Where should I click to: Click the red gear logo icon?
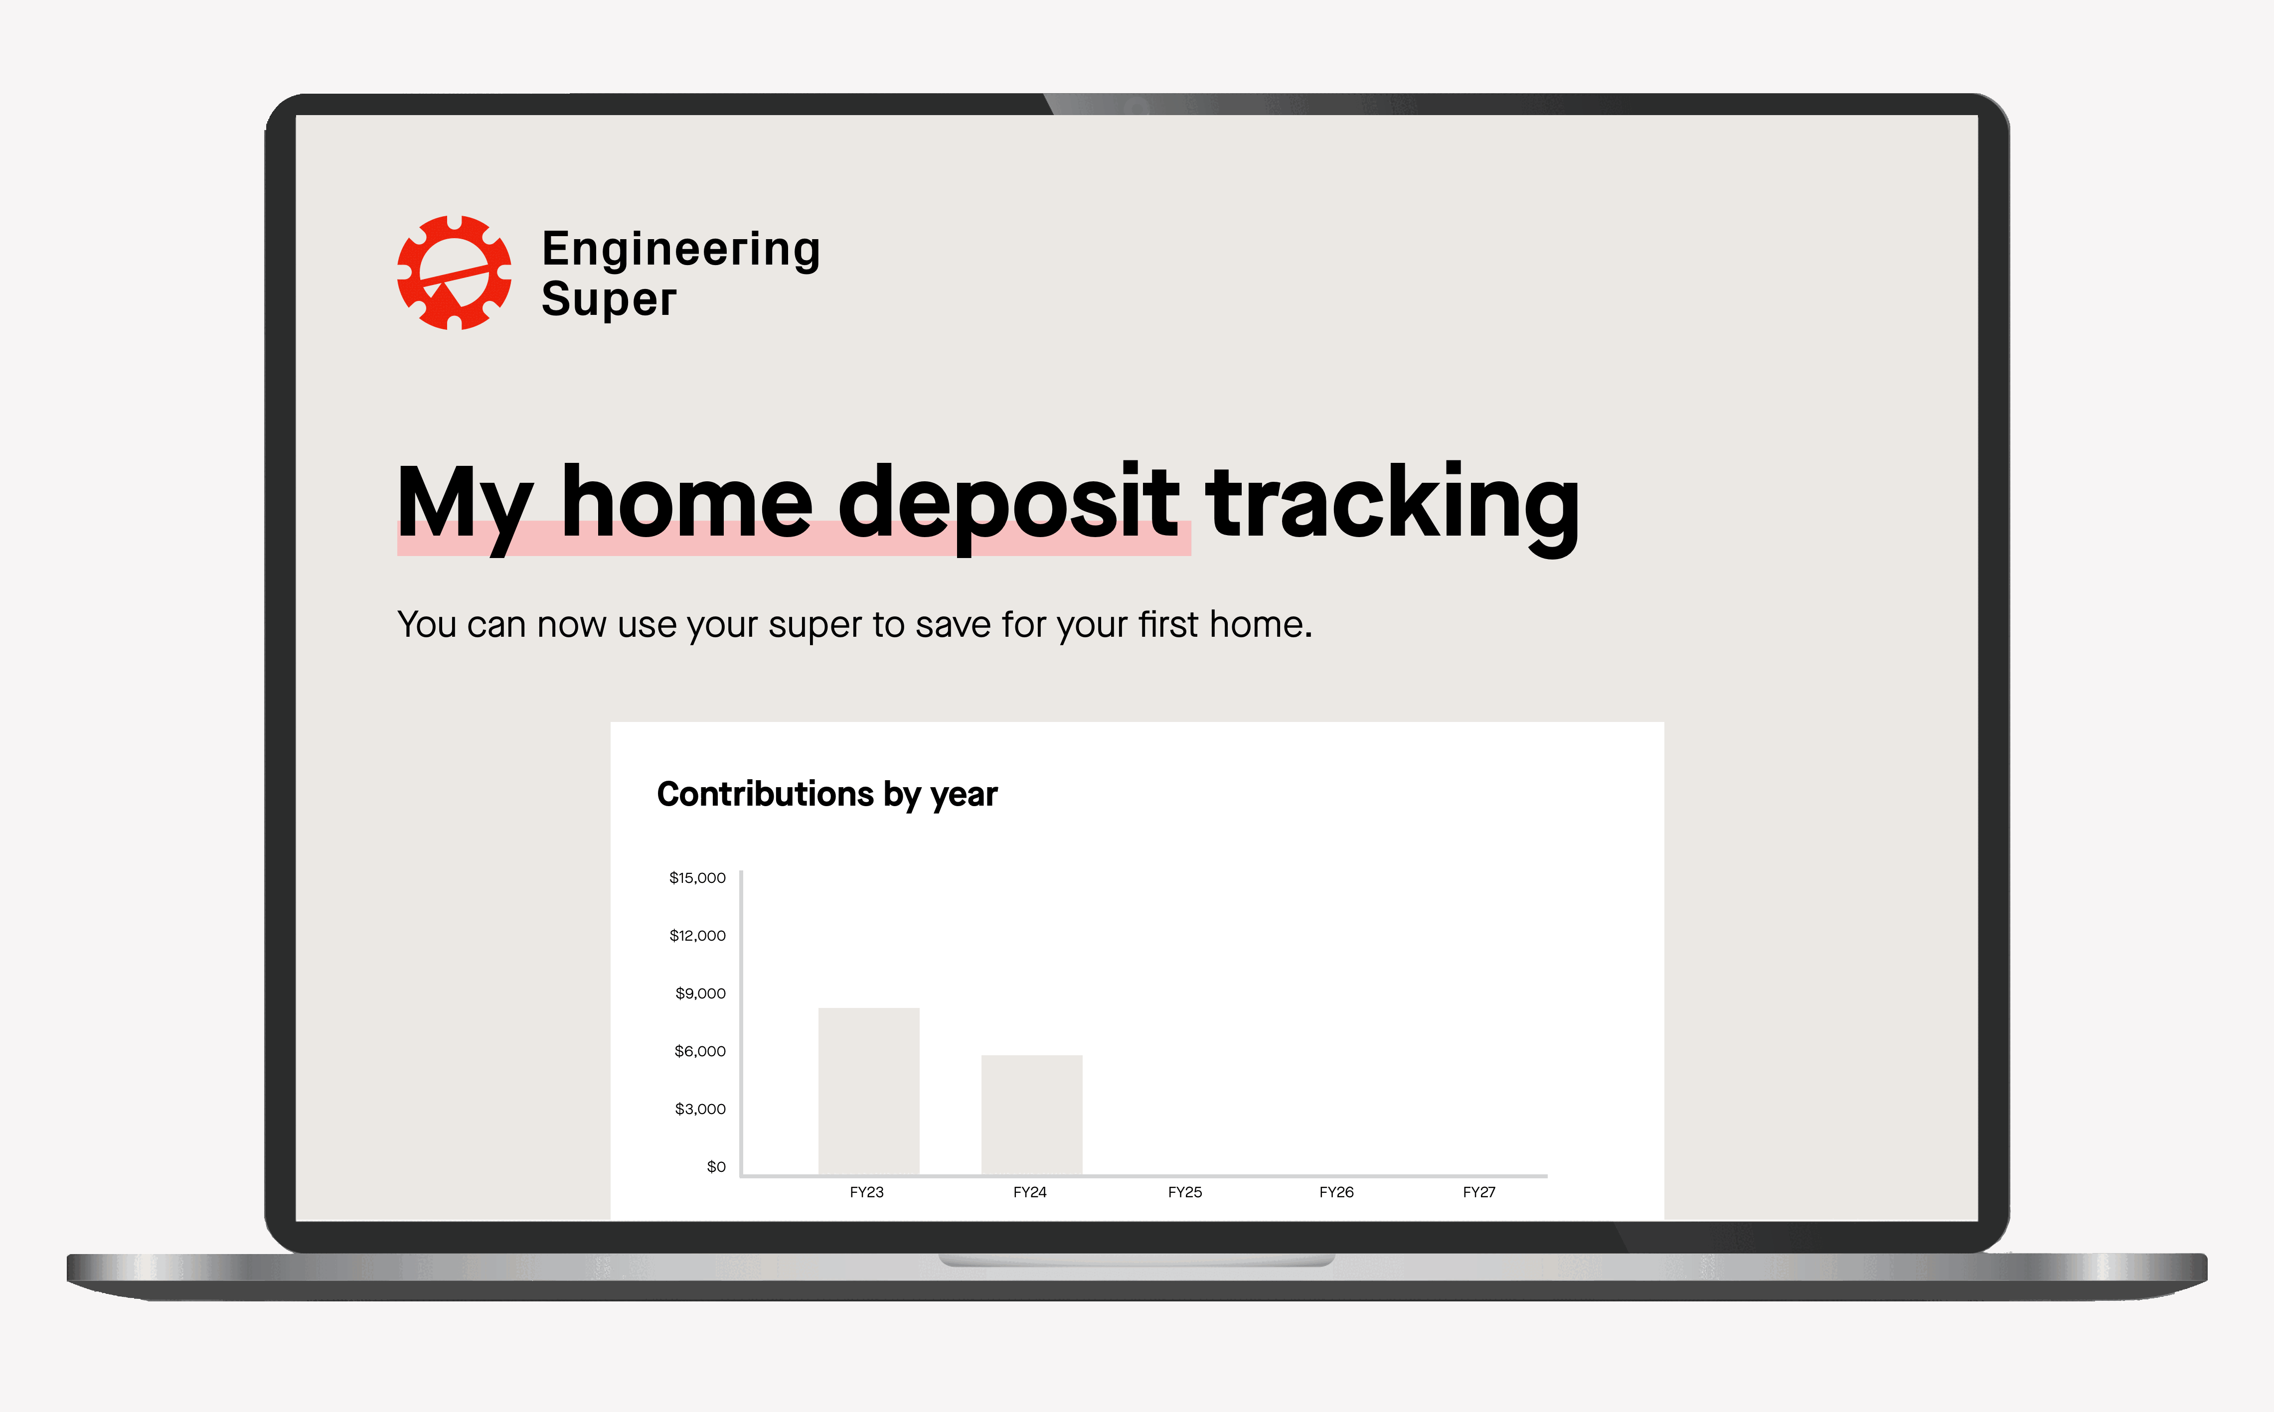454,273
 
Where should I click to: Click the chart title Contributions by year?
827,794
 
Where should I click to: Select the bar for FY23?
869,1091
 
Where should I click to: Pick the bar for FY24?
1031,1115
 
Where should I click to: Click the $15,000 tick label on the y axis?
697,878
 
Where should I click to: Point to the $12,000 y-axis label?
697,936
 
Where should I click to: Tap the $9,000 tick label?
701,993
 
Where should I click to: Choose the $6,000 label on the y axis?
701,1052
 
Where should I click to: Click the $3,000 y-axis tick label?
701,1110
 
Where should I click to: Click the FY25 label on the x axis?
1185,1193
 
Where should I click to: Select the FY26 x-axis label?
1336,1193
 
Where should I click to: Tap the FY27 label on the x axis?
1479,1193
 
